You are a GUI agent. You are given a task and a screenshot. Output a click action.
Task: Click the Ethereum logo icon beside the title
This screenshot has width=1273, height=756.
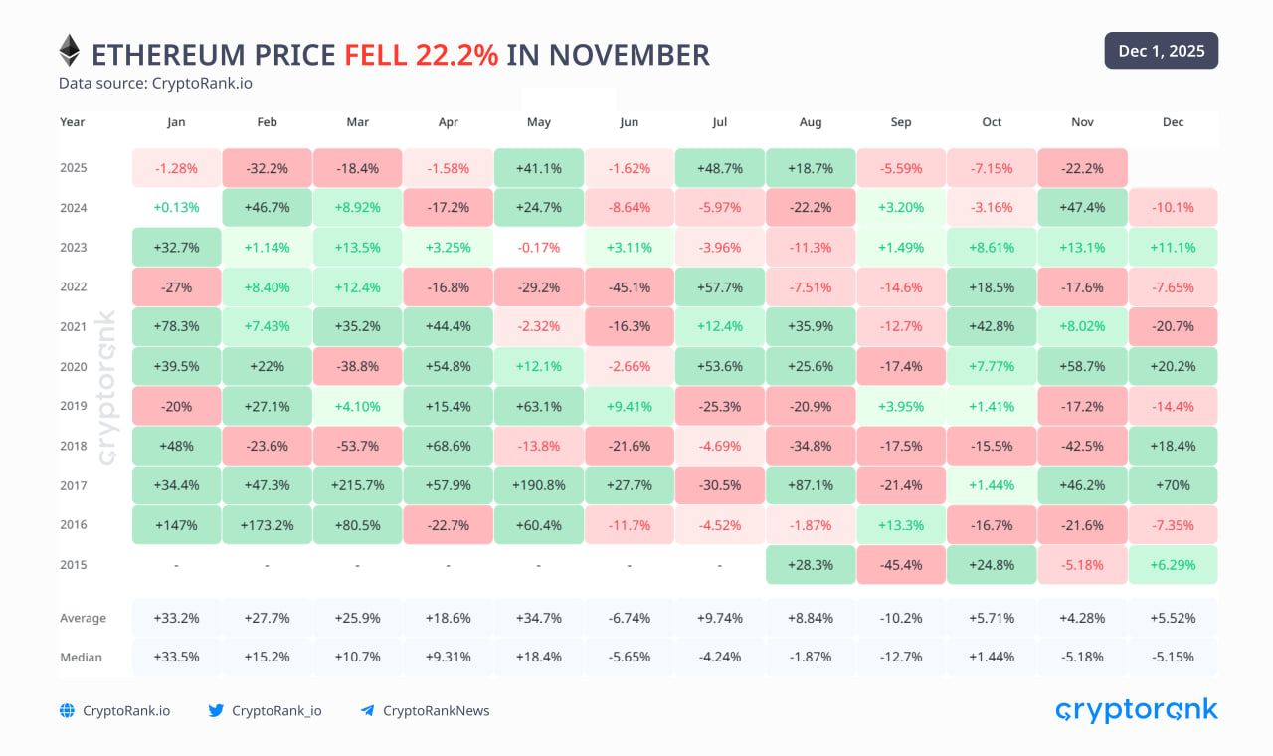tap(69, 51)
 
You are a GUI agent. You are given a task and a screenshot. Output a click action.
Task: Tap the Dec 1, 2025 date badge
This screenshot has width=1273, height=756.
tap(1161, 51)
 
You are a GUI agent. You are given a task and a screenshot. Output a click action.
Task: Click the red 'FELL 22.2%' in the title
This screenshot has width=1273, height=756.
tap(421, 54)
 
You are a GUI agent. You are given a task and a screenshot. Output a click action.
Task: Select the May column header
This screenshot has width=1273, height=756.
tap(538, 122)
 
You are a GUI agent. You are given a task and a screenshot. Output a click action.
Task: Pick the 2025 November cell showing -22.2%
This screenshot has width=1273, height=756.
tap(1082, 168)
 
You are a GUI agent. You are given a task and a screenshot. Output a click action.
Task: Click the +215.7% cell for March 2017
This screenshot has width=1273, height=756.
tap(357, 485)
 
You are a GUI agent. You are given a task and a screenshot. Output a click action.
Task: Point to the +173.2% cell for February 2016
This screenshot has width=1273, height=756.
tap(267, 525)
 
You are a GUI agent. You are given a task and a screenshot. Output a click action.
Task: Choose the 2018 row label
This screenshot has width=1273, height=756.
tap(73, 446)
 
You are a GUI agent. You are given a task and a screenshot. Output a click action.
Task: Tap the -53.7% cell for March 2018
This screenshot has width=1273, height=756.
tap(357, 446)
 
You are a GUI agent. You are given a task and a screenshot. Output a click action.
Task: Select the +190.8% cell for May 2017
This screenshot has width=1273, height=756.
tap(538, 485)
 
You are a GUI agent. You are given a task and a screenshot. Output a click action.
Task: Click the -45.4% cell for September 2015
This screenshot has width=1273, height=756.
tap(901, 565)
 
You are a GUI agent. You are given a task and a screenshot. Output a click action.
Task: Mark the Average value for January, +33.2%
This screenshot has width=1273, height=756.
tap(176, 618)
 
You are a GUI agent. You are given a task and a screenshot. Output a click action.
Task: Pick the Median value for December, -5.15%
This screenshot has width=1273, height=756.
tap(1173, 657)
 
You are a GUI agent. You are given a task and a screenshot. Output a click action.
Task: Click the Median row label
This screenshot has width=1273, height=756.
tap(81, 657)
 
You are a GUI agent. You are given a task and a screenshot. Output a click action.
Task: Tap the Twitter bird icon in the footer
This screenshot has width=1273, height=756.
tap(216, 710)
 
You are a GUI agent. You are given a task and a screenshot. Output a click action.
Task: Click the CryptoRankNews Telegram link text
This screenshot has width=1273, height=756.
tap(436, 710)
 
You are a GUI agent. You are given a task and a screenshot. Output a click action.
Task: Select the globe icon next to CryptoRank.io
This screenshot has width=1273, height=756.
tap(67, 710)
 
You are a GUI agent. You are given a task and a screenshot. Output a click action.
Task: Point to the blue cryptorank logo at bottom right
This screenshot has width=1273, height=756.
tap(1136, 709)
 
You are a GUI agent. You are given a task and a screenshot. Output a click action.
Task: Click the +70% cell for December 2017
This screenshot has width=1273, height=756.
tap(1173, 485)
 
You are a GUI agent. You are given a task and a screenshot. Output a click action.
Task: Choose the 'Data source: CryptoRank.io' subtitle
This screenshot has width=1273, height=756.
tap(155, 83)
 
